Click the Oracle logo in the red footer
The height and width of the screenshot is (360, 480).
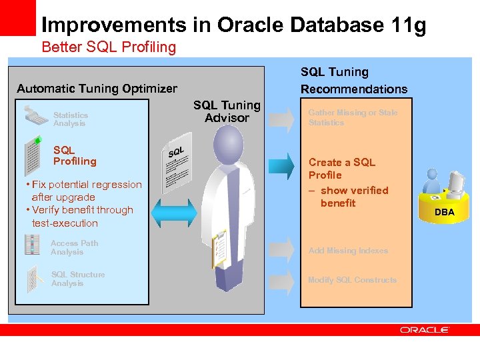(x=425, y=329)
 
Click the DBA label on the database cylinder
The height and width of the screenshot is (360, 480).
(x=445, y=212)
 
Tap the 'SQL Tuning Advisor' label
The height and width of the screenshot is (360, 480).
(x=227, y=111)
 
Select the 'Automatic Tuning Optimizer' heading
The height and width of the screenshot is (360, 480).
(x=97, y=89)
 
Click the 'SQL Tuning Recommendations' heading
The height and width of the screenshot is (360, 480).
(x=353, y=81)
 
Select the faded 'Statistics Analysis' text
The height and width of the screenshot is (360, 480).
(x=70, y=119)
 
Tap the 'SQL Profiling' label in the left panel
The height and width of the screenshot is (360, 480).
(x=75, y=156)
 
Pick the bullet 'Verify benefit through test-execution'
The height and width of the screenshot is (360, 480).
(x=79, y=217)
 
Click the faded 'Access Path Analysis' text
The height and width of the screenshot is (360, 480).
(x=74, y=247)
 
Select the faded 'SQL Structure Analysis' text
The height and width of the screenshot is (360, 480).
(x=77, y=279)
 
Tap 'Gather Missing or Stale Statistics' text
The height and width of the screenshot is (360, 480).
(x=353, y=117)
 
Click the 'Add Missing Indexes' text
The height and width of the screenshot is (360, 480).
(x=348, y=251)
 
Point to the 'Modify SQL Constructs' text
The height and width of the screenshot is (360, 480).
(x=352, y=280)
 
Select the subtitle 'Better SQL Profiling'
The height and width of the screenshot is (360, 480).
(x=109, y=47)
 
